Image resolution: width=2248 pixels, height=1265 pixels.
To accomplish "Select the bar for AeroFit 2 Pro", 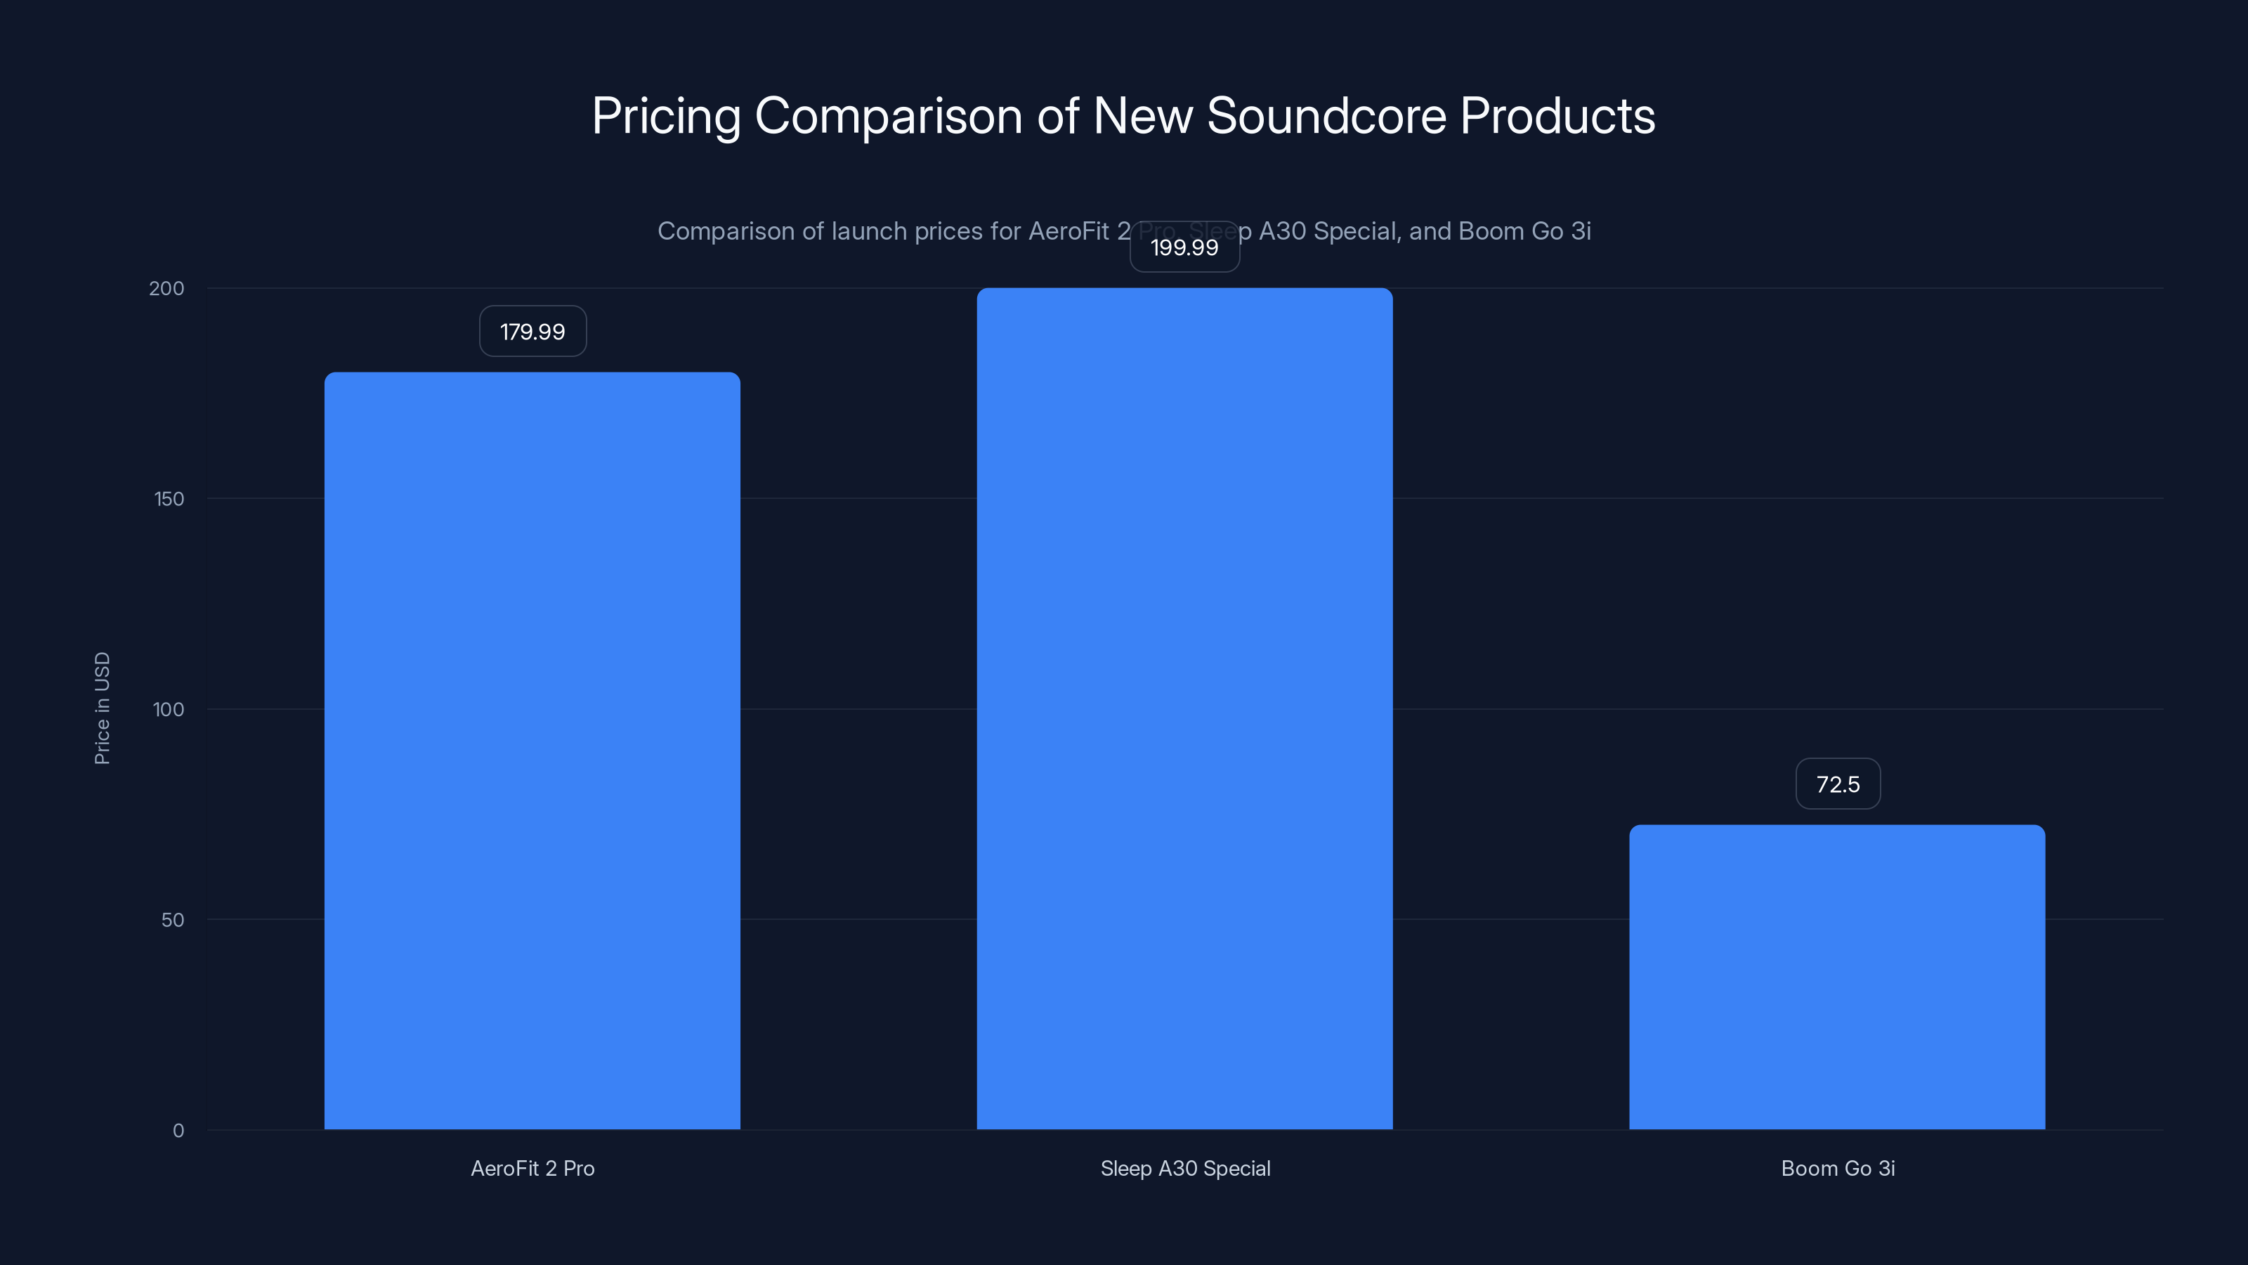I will pos(532,751).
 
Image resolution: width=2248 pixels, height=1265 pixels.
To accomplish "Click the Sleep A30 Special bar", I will pos(1184,708).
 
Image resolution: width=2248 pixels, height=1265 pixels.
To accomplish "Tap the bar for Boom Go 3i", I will pos(1837,977).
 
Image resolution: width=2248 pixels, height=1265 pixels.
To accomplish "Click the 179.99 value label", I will pos(532,332).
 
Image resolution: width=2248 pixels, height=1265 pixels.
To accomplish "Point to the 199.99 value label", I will pos(1184,247).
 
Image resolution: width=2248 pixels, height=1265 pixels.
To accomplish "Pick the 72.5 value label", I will pos(1837,784).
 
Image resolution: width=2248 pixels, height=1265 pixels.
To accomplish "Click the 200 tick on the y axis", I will pos(166,288).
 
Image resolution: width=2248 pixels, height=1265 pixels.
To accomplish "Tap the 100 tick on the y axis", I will pos(169,709).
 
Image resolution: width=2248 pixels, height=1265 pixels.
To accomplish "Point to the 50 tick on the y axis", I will pos(173,919).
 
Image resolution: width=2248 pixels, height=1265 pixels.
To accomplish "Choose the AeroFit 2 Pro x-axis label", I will pos(532,1168).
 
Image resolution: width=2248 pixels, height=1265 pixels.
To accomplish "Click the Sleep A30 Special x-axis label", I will pos(1185,1168).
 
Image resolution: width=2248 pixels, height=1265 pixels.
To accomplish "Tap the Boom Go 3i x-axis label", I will pos(1838,1168).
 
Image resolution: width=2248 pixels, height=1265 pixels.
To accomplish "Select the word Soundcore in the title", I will pos(1326,115).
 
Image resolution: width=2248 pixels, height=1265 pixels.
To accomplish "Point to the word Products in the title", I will pos(1557,115).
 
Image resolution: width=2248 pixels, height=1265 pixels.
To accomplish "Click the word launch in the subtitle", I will pos(869,231).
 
